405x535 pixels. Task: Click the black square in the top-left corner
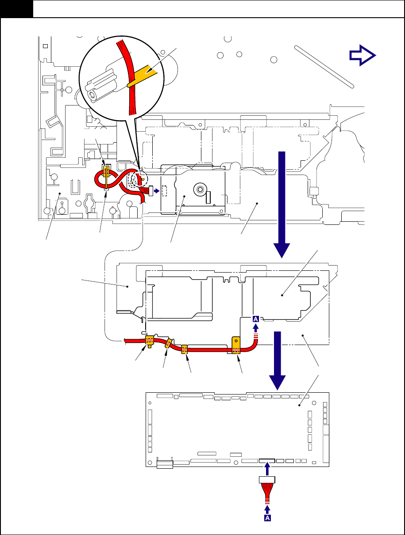point(16,9)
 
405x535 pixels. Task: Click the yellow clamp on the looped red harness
point(106,172)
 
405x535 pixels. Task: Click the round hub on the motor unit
point(200,190)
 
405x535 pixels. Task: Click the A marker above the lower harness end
point(256,319)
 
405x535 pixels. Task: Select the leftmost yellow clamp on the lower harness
point(150,340)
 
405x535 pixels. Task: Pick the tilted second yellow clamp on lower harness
point(169,344)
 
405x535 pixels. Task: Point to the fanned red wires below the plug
point(267,491)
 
